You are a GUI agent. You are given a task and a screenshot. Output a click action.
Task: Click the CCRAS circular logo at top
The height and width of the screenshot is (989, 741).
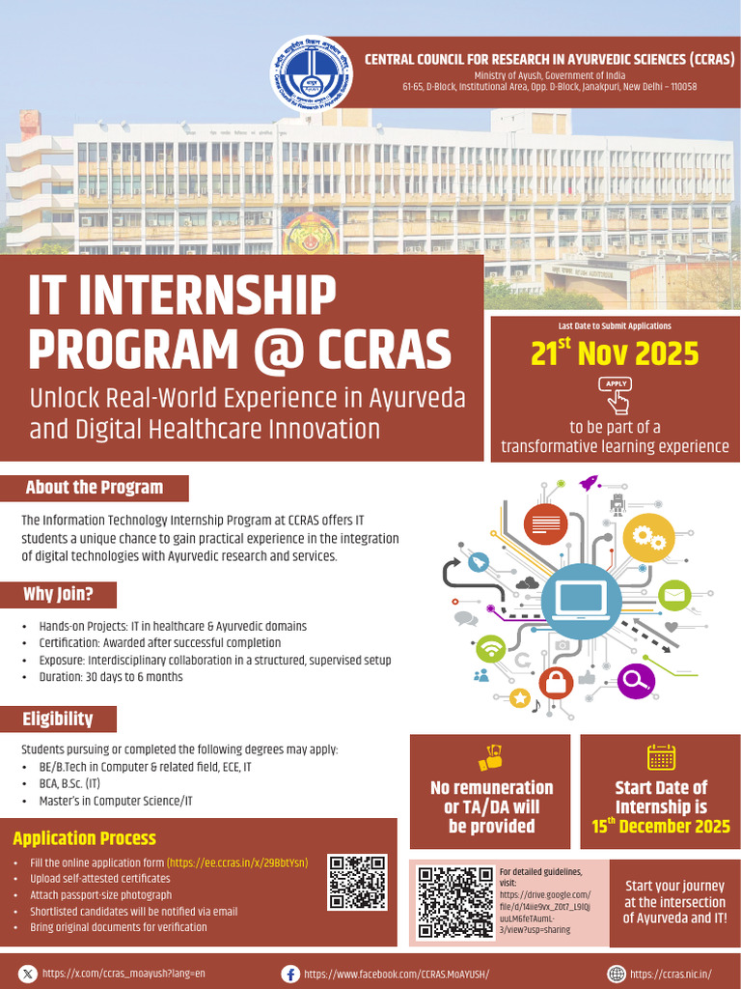(311, 75)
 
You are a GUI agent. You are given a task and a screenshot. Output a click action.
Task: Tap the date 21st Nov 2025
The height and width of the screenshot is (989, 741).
(615, 354)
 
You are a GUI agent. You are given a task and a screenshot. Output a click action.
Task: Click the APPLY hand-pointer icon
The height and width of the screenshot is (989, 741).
(616, 394)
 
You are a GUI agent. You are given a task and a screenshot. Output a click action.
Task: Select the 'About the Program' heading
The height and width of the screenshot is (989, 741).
(95, 488)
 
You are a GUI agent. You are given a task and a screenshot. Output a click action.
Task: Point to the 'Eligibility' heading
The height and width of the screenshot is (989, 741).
(58, 719)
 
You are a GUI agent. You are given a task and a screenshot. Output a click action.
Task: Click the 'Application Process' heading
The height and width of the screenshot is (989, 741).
(84, 838)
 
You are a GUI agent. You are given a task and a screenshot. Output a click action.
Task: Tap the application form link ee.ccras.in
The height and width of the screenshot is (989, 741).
(237, 862)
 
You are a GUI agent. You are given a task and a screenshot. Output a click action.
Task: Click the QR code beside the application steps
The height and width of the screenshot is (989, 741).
(357, 882)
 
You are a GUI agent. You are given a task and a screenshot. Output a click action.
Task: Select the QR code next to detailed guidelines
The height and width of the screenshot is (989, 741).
(454, 901)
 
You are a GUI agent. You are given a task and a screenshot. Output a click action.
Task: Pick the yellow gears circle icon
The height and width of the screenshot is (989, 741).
(647, 538)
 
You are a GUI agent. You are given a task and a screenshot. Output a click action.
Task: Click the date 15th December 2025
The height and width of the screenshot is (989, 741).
(661, 827)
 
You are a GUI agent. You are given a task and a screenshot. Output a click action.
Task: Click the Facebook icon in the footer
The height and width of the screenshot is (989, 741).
(289, 974)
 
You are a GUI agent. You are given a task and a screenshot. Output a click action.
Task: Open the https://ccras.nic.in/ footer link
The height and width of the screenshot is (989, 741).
(671, 974)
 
